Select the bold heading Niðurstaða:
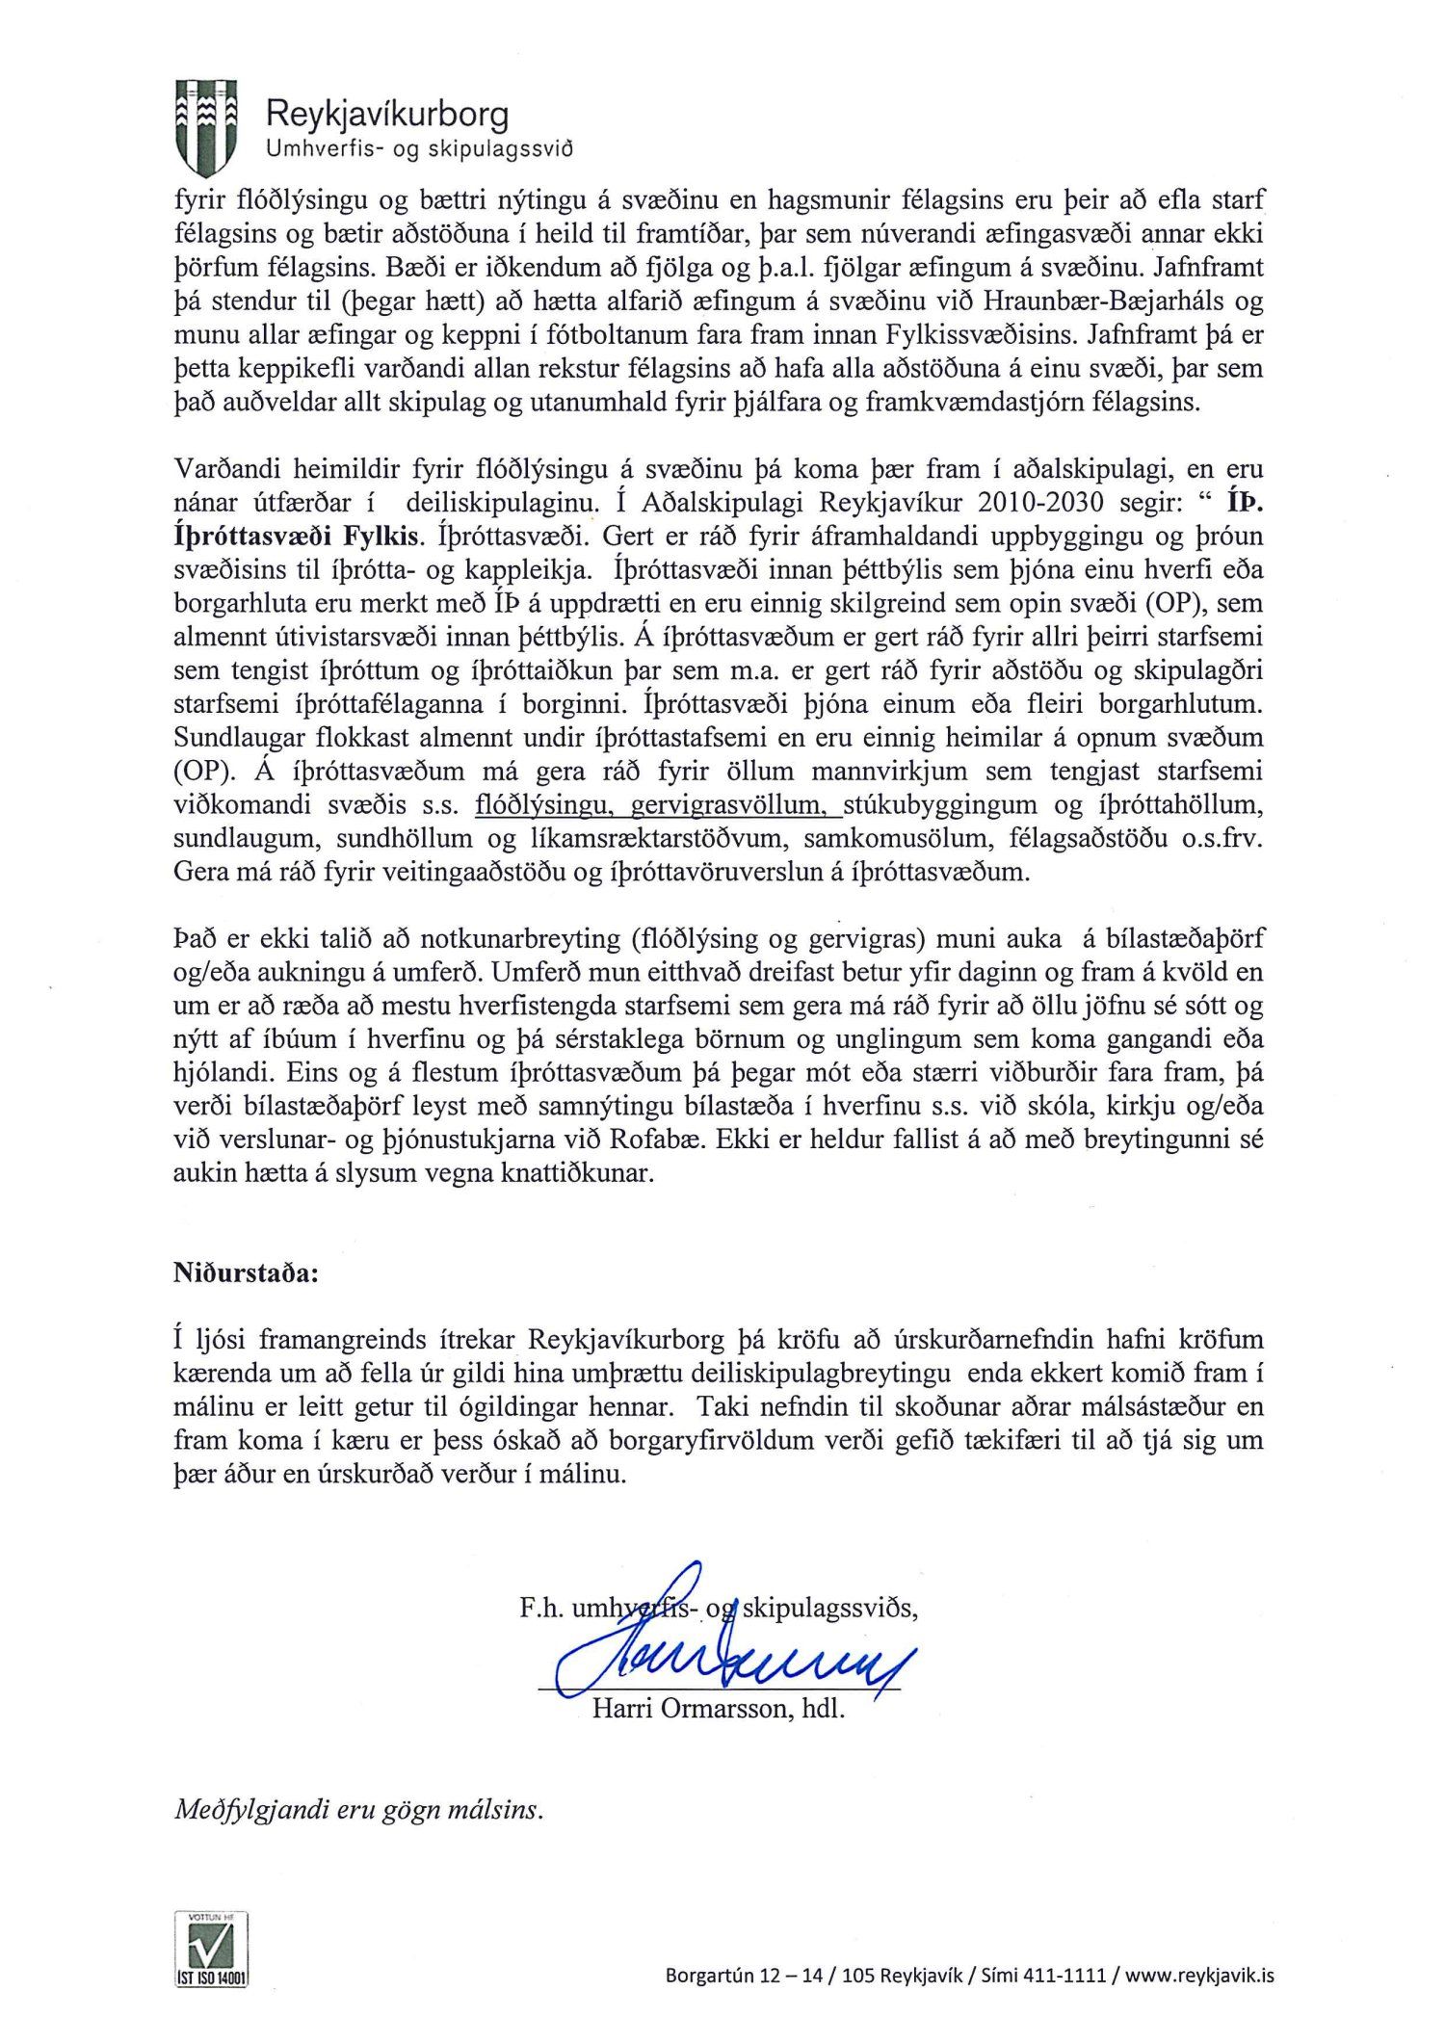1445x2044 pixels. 246,1272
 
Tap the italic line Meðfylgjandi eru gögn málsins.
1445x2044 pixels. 358,1810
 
